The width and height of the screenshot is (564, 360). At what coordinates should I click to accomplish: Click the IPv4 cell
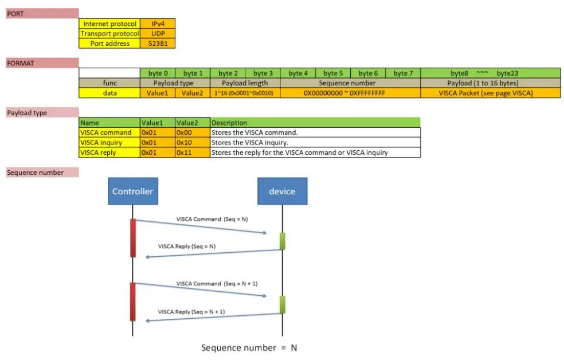click(157, 24)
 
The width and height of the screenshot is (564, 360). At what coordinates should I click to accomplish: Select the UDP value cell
click(157, 33)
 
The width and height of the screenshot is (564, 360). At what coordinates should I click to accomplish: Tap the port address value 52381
click(157, 43)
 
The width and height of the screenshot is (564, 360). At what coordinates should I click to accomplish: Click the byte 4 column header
click(297, 73)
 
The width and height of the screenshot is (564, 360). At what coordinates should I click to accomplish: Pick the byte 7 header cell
click(402, 73)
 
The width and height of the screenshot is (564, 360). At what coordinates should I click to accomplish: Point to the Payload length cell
click(245, 83)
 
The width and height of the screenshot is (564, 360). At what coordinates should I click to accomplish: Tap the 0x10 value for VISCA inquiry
click(192, 142)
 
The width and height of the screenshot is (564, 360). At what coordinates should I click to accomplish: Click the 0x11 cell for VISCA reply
click(192, 152)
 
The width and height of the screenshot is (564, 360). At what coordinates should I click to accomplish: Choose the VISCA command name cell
click(109, 132)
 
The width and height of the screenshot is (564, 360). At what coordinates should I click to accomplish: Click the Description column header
click(315, 122)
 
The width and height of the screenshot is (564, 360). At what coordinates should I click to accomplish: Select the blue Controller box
click(132, 191)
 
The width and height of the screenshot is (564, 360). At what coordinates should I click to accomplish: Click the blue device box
click(282, 191)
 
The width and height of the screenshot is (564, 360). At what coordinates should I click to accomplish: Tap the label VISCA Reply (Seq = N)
click(186, 246)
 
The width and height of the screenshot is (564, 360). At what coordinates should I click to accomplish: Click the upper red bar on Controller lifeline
click(133, 237)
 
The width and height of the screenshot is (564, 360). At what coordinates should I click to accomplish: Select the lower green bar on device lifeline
click(282, 304)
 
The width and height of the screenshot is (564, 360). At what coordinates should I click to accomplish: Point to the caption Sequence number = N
click(249, 347)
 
